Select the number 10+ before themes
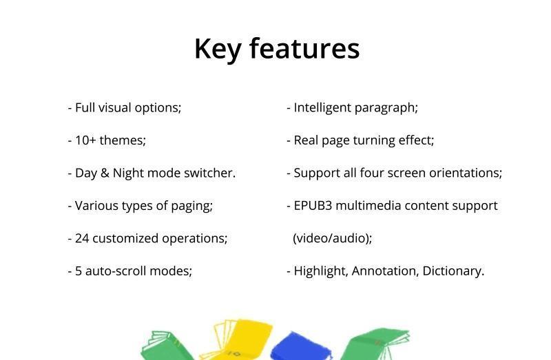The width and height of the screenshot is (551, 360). [85, 140]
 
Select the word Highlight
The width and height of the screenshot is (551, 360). [320, 271]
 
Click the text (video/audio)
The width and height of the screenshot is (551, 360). [332, 238]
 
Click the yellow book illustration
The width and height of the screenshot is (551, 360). [236, 339]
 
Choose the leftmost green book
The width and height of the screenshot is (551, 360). [167, 346]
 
